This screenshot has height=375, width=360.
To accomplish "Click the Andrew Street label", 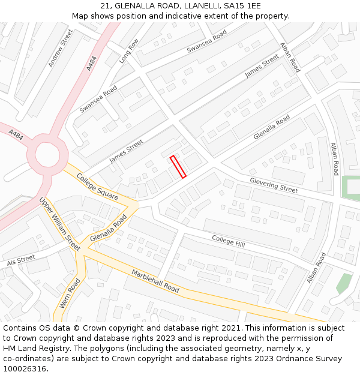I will pos(60,47).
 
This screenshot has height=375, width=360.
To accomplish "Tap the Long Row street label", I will pos(128,51).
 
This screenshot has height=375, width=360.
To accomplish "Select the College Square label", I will pos(97,188).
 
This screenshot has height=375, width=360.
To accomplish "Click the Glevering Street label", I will pos(274,185).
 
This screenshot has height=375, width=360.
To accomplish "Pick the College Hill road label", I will pos(229,241).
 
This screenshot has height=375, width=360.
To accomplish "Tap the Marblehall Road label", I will pos(155,281).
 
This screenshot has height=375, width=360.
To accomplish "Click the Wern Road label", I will pos(70,293).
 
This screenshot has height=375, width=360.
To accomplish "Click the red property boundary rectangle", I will pos(178,167).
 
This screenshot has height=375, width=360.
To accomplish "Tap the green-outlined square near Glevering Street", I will pos(352,187).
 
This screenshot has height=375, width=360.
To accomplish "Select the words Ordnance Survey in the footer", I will pos(310,359).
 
